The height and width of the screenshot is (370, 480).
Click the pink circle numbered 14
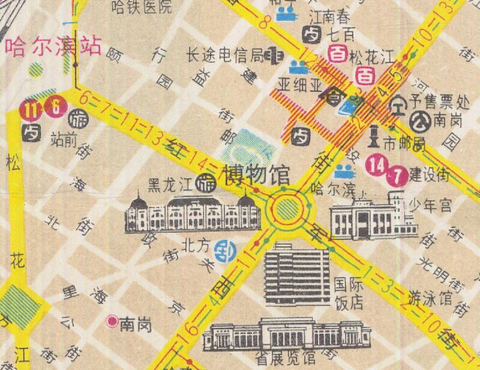tap(378, 163)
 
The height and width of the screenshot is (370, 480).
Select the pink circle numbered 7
tap(397, 176)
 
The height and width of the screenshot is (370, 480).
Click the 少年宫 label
tap(431, 206)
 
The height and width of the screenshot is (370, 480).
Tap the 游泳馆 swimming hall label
tap(430, 297)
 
